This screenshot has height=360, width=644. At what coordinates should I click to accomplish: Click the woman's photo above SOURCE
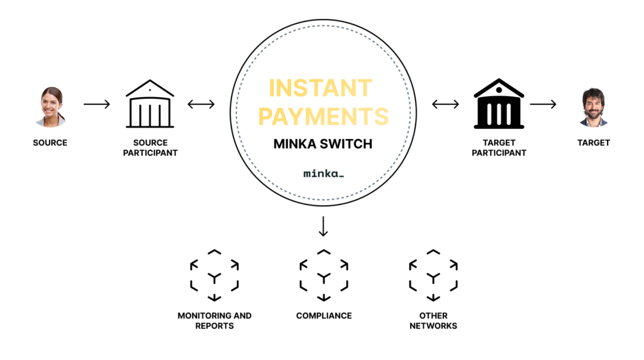[x=50, y=107]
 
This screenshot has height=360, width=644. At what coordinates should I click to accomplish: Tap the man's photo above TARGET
[x=593, y=108]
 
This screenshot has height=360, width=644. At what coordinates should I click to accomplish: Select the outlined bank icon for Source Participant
[x=150, y=104]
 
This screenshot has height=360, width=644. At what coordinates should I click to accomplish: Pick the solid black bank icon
[x=499, y=104]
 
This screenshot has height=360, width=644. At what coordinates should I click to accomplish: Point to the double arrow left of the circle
[x=201, y=104]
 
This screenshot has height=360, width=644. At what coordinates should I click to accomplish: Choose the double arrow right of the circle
[x=445, y=104]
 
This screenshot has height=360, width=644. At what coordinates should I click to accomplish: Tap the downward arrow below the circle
[x=323, y=227]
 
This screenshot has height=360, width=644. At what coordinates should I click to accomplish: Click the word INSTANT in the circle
[x=321, y=88]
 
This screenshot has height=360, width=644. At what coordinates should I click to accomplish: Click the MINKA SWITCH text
[x=323, y=144]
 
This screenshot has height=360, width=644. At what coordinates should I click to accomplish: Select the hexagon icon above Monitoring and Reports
[x=214, y=276]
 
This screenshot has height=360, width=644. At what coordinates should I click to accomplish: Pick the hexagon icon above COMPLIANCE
[x=323, y=276]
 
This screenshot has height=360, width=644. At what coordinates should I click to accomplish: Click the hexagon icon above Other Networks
[x=433, y=276]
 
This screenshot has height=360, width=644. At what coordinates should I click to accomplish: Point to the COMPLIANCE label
[x=323, y=315]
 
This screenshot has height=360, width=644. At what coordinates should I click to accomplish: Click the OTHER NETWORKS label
[x=433, y=320]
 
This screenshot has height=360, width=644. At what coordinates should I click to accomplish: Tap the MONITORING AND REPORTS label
[x=214, y=320]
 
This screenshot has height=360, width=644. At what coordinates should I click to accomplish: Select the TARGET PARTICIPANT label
[x=499, y=147]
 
